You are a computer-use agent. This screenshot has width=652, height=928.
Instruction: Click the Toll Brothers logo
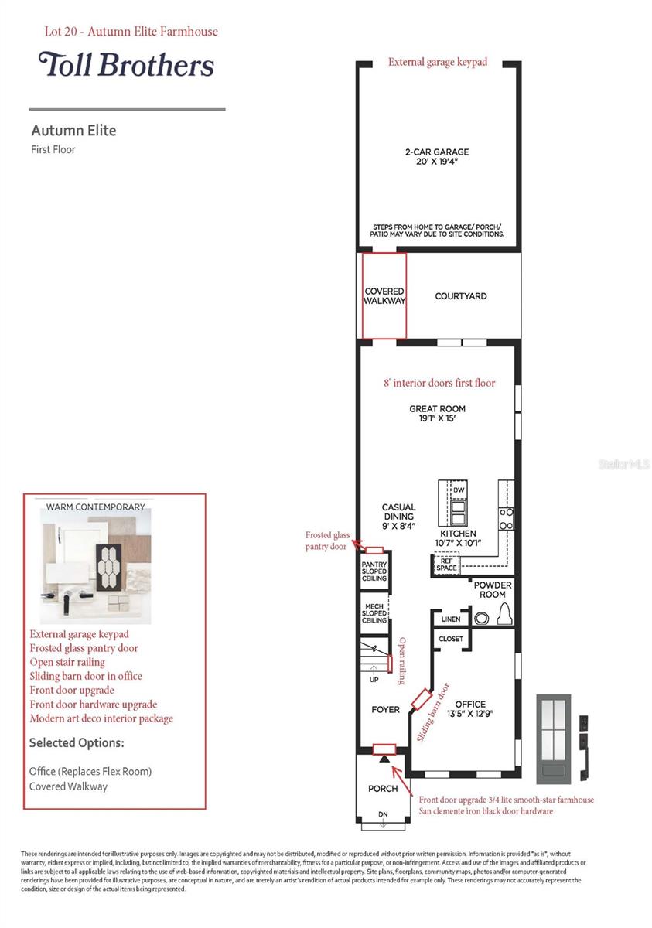click(x=126, y=65)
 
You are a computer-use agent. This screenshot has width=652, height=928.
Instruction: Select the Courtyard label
click(x=460, y=296)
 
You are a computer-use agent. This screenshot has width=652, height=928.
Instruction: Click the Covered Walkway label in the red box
click(x=384, y=296)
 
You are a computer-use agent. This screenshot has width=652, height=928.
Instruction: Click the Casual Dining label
click(x=398, y=517)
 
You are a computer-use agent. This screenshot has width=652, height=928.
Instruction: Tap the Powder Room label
click(x=493, y=590)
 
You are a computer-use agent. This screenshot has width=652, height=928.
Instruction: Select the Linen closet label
click(x=451, y=619)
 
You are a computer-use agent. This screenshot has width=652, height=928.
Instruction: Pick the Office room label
click(x=470, y=708)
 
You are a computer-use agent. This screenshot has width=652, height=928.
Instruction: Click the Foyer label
click(x=385, y=709)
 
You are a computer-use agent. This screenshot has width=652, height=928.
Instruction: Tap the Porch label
click(x=383, y=789)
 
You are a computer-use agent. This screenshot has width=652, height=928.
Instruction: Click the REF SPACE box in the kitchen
click(x=446, y=565)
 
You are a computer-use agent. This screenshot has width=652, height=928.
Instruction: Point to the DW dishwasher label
click(x=459, y=491)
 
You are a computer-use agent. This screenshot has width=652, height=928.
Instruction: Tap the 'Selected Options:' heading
click(x=77, y=743)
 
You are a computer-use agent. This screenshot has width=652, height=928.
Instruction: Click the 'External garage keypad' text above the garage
click(x=438, y=62)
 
